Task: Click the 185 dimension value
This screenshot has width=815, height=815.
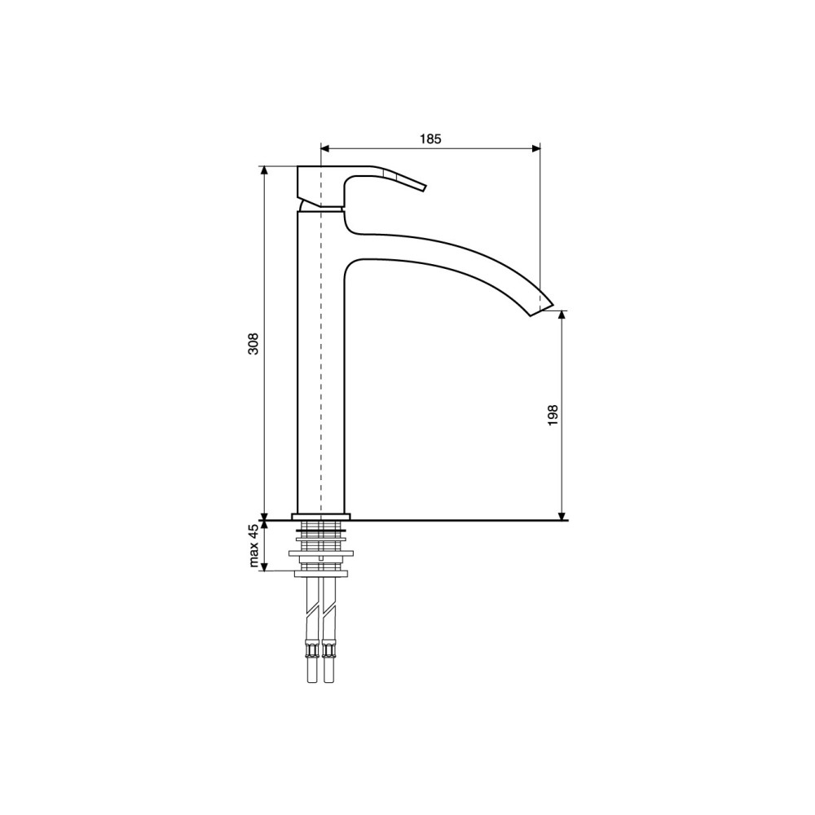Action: (x=430, y=139)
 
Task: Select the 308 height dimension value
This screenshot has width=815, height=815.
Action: (x=253, y=344)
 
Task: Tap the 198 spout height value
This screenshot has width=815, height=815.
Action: (x=553, y=416)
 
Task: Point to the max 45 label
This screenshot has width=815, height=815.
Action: (x=253, y=546)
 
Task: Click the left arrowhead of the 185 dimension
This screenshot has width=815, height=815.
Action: (x=325, y=148)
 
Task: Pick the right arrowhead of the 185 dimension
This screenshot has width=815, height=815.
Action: (x=536, y=148)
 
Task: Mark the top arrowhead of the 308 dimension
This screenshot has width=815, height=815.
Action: (x=265, y=170)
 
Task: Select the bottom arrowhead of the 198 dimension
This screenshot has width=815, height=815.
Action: (x=562, y=516)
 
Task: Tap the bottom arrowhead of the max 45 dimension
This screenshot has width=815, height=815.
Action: (x=265, y=567)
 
